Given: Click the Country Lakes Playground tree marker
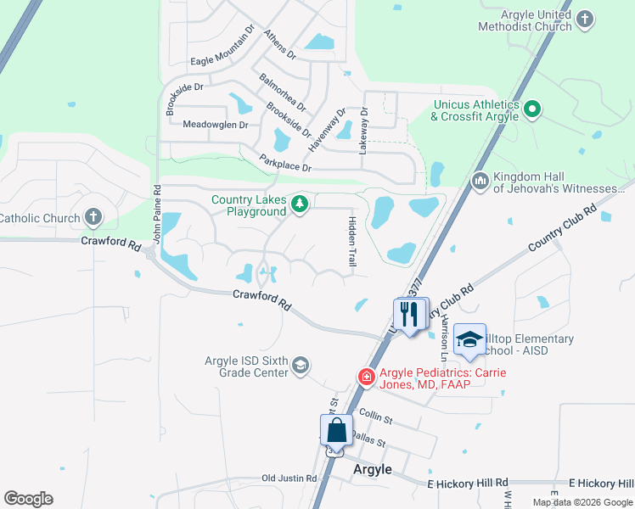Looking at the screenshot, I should (x=299, y=204).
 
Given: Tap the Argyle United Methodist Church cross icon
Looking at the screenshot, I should (x=584, y=20).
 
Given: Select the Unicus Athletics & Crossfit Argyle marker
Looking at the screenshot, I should (x=532, y=109).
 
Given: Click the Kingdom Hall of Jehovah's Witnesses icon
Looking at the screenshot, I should (x=480, y=182).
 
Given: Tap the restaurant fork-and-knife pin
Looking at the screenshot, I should (x=410, y=314).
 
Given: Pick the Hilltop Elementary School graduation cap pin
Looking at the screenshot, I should (x=469, y=341).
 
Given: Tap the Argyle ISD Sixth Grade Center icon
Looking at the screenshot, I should (x=300, y=366).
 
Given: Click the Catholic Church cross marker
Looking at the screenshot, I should (x=93, y=218).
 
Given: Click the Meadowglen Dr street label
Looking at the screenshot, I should (x=216, y=125).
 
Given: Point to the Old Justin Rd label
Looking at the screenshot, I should (x=289, y=478).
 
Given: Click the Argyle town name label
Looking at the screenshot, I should (x=372, y=469).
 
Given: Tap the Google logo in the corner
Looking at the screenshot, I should (x=28, y=499).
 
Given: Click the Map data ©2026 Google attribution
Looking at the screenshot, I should (x=582, y=502).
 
